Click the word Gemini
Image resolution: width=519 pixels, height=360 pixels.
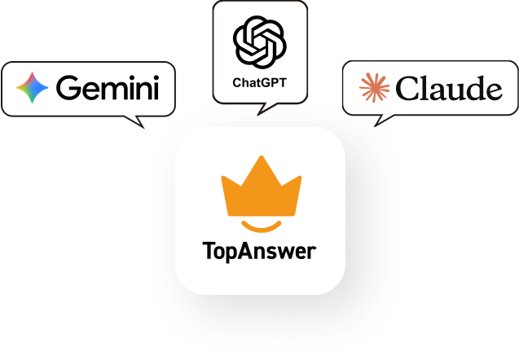pos(108,87)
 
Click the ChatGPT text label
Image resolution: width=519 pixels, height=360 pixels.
pos(259,82)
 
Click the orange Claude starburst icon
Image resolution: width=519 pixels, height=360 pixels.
pos(376,87)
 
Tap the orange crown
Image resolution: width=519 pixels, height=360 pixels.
pos(261,188)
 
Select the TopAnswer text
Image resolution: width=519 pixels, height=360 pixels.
pos(259,251)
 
